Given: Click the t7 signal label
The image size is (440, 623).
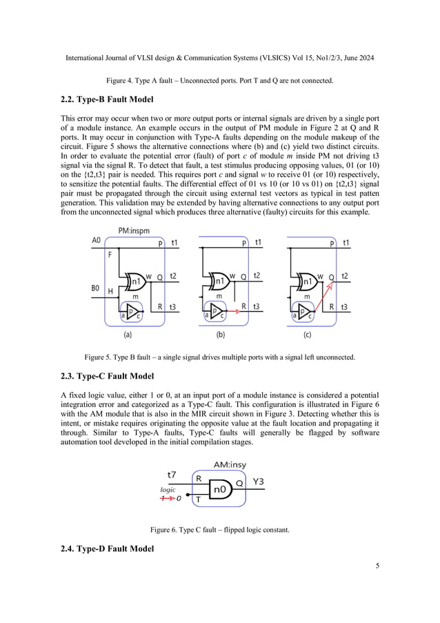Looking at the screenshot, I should [x=172, y=475].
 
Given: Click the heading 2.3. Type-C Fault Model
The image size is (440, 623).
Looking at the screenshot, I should [x=105, y=376].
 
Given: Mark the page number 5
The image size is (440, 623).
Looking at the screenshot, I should [x=377, y=566].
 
